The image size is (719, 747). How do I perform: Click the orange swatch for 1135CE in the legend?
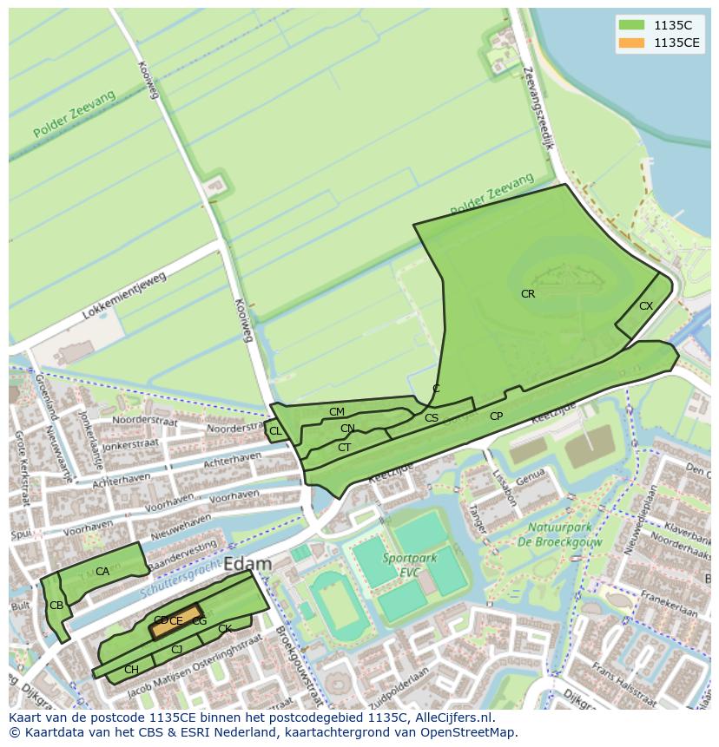[632, 43]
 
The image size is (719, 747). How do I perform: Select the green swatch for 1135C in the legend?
[632, 25]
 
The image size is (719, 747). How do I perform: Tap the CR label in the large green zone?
[528, 294]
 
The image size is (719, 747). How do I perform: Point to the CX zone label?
[646, 306]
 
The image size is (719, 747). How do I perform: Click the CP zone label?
[496, 416]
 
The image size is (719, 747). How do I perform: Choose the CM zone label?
[337, 411]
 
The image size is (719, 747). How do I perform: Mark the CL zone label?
[275, 431]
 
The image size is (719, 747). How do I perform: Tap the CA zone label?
[102, 572]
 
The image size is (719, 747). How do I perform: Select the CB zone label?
[56, 606]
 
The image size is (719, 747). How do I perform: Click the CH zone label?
[131, 670]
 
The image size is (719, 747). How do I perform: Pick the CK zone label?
[225, 629]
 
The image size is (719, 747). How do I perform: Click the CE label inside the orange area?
[176, 621]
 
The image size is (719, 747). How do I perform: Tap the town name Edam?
[247, 564]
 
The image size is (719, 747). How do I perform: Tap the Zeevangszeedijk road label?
[539, 110]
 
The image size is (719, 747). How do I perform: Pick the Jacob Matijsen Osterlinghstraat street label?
[195, 678]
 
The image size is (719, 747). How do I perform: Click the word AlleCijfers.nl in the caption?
[452, 718]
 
